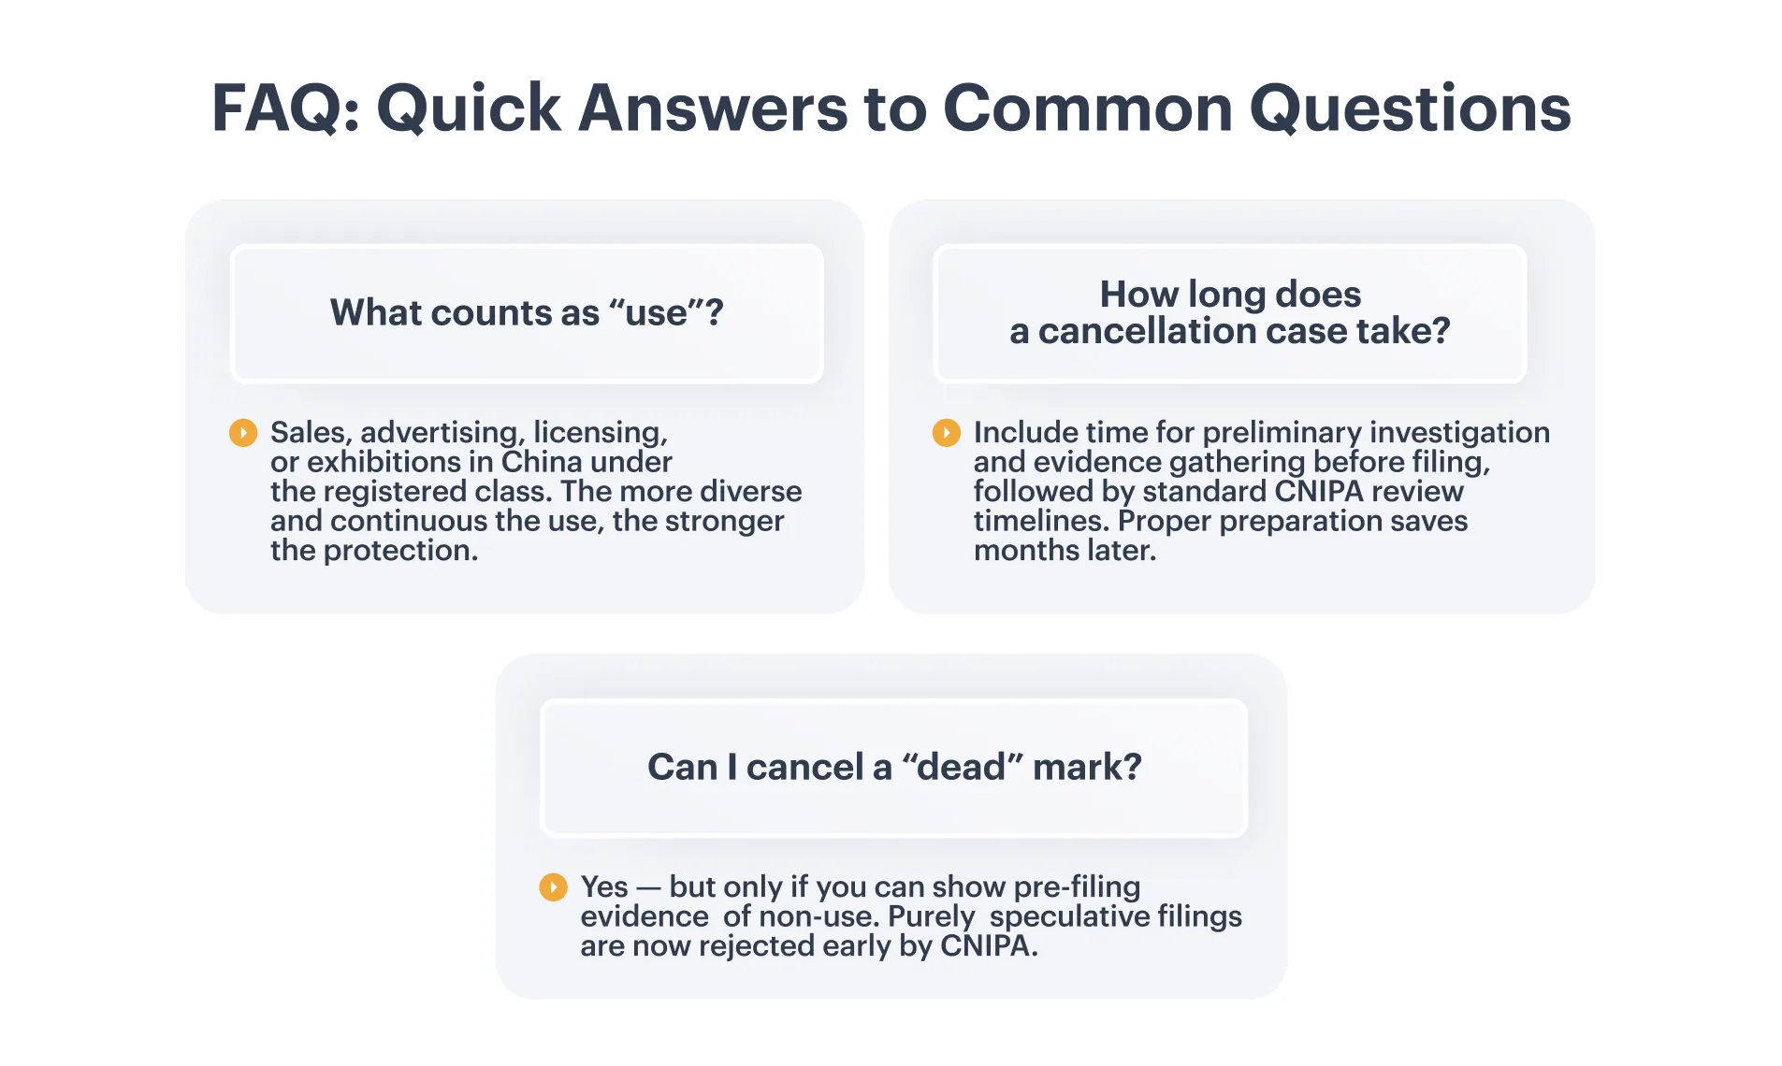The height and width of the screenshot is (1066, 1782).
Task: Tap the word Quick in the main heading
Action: point(469,109)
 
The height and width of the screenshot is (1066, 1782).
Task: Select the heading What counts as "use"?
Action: point(527,312)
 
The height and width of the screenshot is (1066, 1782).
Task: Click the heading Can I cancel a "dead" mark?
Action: point(894,767)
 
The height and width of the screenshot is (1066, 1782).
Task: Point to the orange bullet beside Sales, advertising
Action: point(243,432)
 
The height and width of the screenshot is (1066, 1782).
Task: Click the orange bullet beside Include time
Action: point(947,432)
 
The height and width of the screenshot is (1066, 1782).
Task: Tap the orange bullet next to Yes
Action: point(554,886)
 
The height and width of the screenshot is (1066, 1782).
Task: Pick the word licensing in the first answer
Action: point(601,433)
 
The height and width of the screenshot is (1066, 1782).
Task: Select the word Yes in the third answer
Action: point(604,886)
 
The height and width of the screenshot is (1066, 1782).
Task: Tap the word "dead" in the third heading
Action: point(963,767)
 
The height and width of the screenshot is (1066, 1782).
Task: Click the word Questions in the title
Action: point(1411,109)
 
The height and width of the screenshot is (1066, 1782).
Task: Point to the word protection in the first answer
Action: point(400,551)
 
